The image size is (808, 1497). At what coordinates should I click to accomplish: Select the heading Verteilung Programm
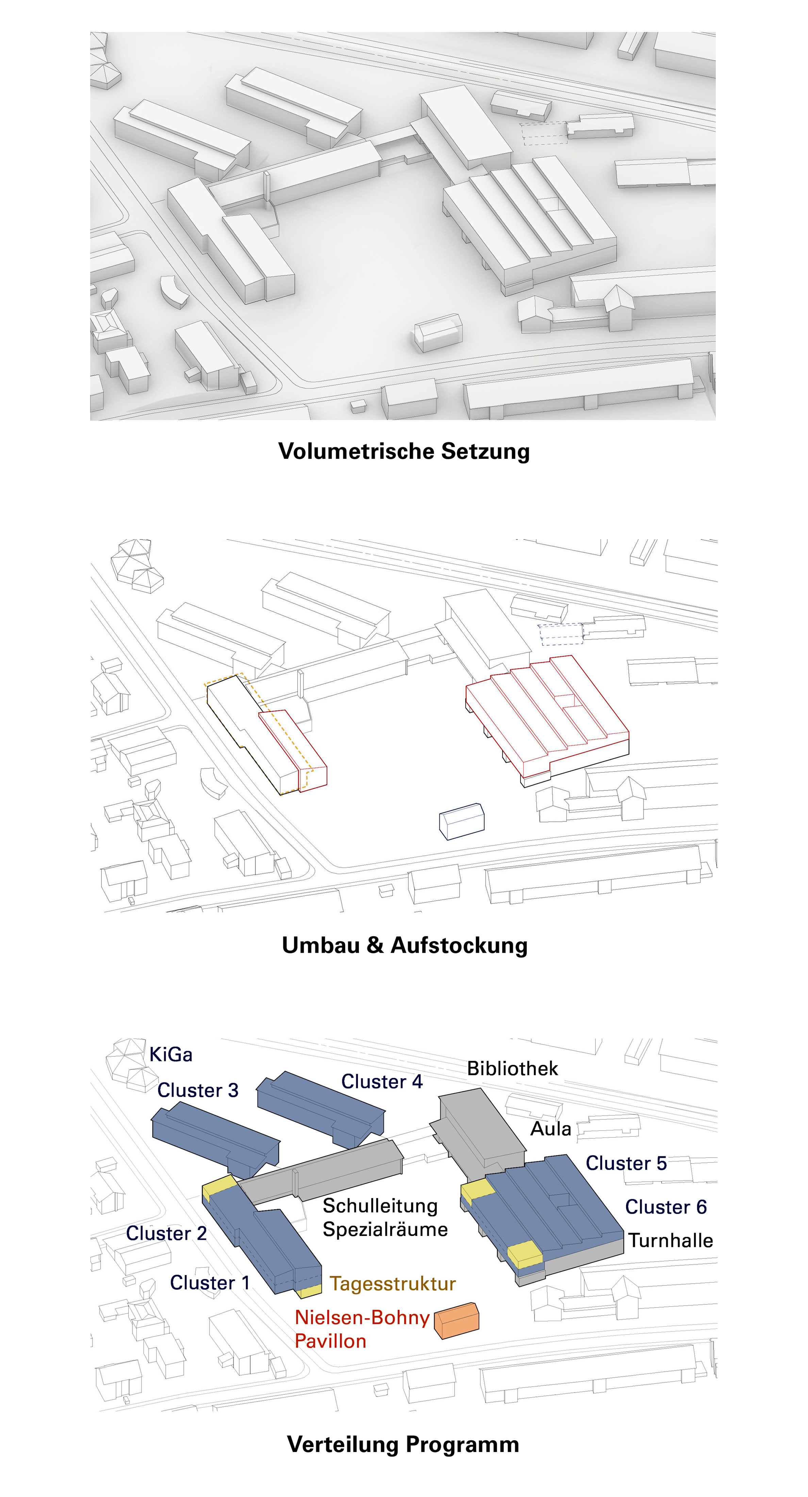(x=403, y=1444)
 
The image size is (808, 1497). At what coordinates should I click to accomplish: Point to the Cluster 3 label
(x=198, y=1090)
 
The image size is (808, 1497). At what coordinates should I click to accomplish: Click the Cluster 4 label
(x=382, y=1081)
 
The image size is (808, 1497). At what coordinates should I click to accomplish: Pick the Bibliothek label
(x=512, y=1068)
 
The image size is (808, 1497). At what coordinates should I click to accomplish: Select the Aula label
(x=551, y=1129)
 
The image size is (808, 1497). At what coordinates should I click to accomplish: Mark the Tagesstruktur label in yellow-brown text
(x=393, y=1284)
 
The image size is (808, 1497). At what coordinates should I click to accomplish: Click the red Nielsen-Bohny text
(x=362, y=1317)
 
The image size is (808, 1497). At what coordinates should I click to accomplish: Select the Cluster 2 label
(x=166, y=1233)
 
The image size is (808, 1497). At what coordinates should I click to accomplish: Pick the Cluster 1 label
(x=210, y=1283)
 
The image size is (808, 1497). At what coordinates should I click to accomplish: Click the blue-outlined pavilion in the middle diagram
(x=462, y=821)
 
